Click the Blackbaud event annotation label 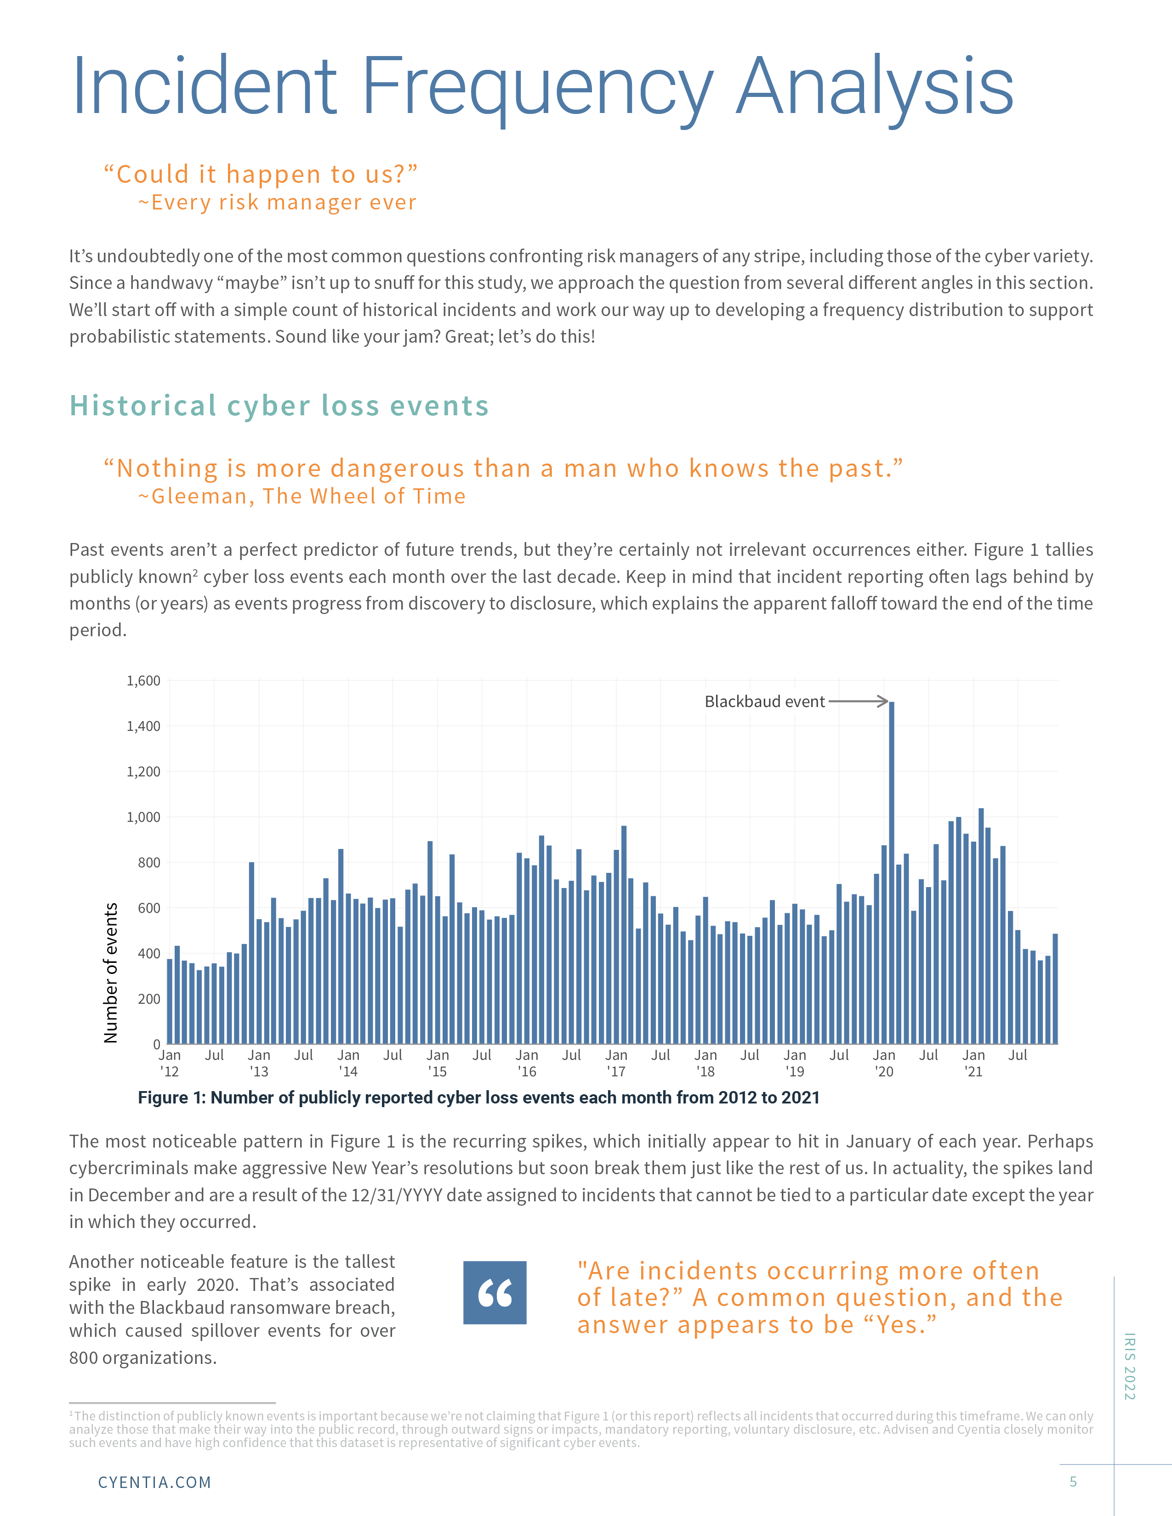pyautogui.click(x=764, y=702)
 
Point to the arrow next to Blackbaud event pyautogui.click(x=858, y=701)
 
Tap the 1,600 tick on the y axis pyautogui.click(x=143, y=681)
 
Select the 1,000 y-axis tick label pyautogui.click(x=143, y=817)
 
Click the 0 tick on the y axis pyautogui.click(x=156, y=1044)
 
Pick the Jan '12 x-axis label pyautogui.click(x=170, y=1063)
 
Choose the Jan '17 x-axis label pyautogui.click(x=616, y=1063)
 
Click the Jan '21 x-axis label pyautogui.click(x=973, y=1063)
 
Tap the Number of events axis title pyautogui.click(x=110, y=973)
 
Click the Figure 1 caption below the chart pyautogui.click(x=478, y=1097)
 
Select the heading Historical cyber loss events pyautogui.click(x=279, y=406)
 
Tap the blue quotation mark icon pyautogui.click(x=495, y=1292)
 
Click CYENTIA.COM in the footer pyautogui.click(x=154, y=1482)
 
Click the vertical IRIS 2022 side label pyautogui.click(x=1130, y=1366)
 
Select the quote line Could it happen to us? pyautogui.click(x=260, y=174)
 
